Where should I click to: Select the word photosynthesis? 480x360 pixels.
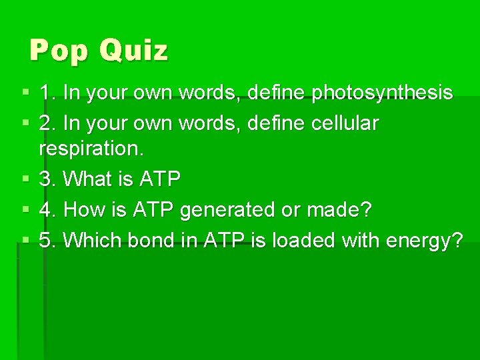click(x=382, y=93)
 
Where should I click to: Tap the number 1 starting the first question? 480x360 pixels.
click(x=45, y=93)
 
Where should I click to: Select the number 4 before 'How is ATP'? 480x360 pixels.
click(x=45, y=211)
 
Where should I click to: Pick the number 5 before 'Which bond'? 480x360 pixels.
click(x=45, y=241)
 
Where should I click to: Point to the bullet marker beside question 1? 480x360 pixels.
click(x=25, y=93)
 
